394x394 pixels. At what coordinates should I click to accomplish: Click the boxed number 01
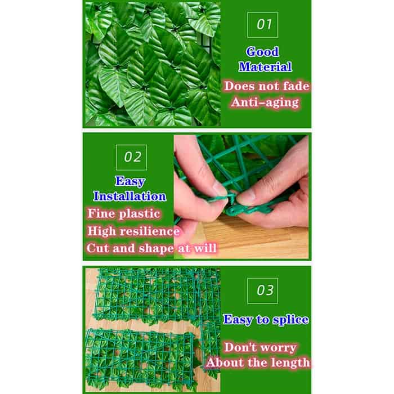[x=263, y=25]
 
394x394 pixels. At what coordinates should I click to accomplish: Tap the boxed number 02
[x=131, y=157]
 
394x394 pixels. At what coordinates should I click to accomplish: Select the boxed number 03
[x=263, y=290]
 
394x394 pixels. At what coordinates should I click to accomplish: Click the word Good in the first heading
[x=263, y=52]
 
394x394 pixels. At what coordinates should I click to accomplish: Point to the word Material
[x=265, y=67]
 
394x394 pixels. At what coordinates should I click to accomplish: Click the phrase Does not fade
[x=267, y=86]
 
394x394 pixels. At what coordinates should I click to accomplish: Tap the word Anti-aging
[x=265, y=102]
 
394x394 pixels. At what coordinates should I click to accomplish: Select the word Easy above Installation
[x=130, y=181]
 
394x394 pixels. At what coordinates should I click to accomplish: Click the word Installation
[x=129, y=196]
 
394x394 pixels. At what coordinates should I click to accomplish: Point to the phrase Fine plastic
[x=124, y=214]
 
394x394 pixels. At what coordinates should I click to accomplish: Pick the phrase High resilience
[x=133, y=231]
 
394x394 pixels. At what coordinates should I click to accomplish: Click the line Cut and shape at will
[x=151, y=248]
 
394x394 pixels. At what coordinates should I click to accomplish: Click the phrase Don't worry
[x=260, y=347]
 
